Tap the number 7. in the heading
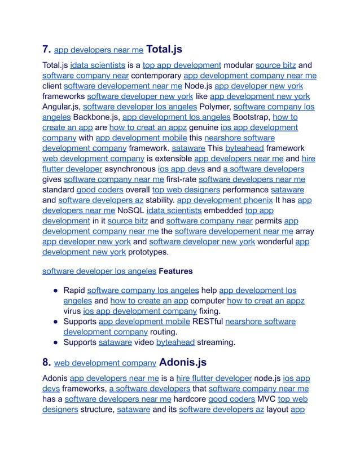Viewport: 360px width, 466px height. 47,50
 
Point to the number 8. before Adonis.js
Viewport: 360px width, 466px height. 47,362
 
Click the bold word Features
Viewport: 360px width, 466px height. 175,271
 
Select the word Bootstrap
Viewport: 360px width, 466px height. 251,117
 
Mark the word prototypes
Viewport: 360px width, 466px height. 148,252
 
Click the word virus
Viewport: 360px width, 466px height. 72,310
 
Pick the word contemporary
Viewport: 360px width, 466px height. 156,76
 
